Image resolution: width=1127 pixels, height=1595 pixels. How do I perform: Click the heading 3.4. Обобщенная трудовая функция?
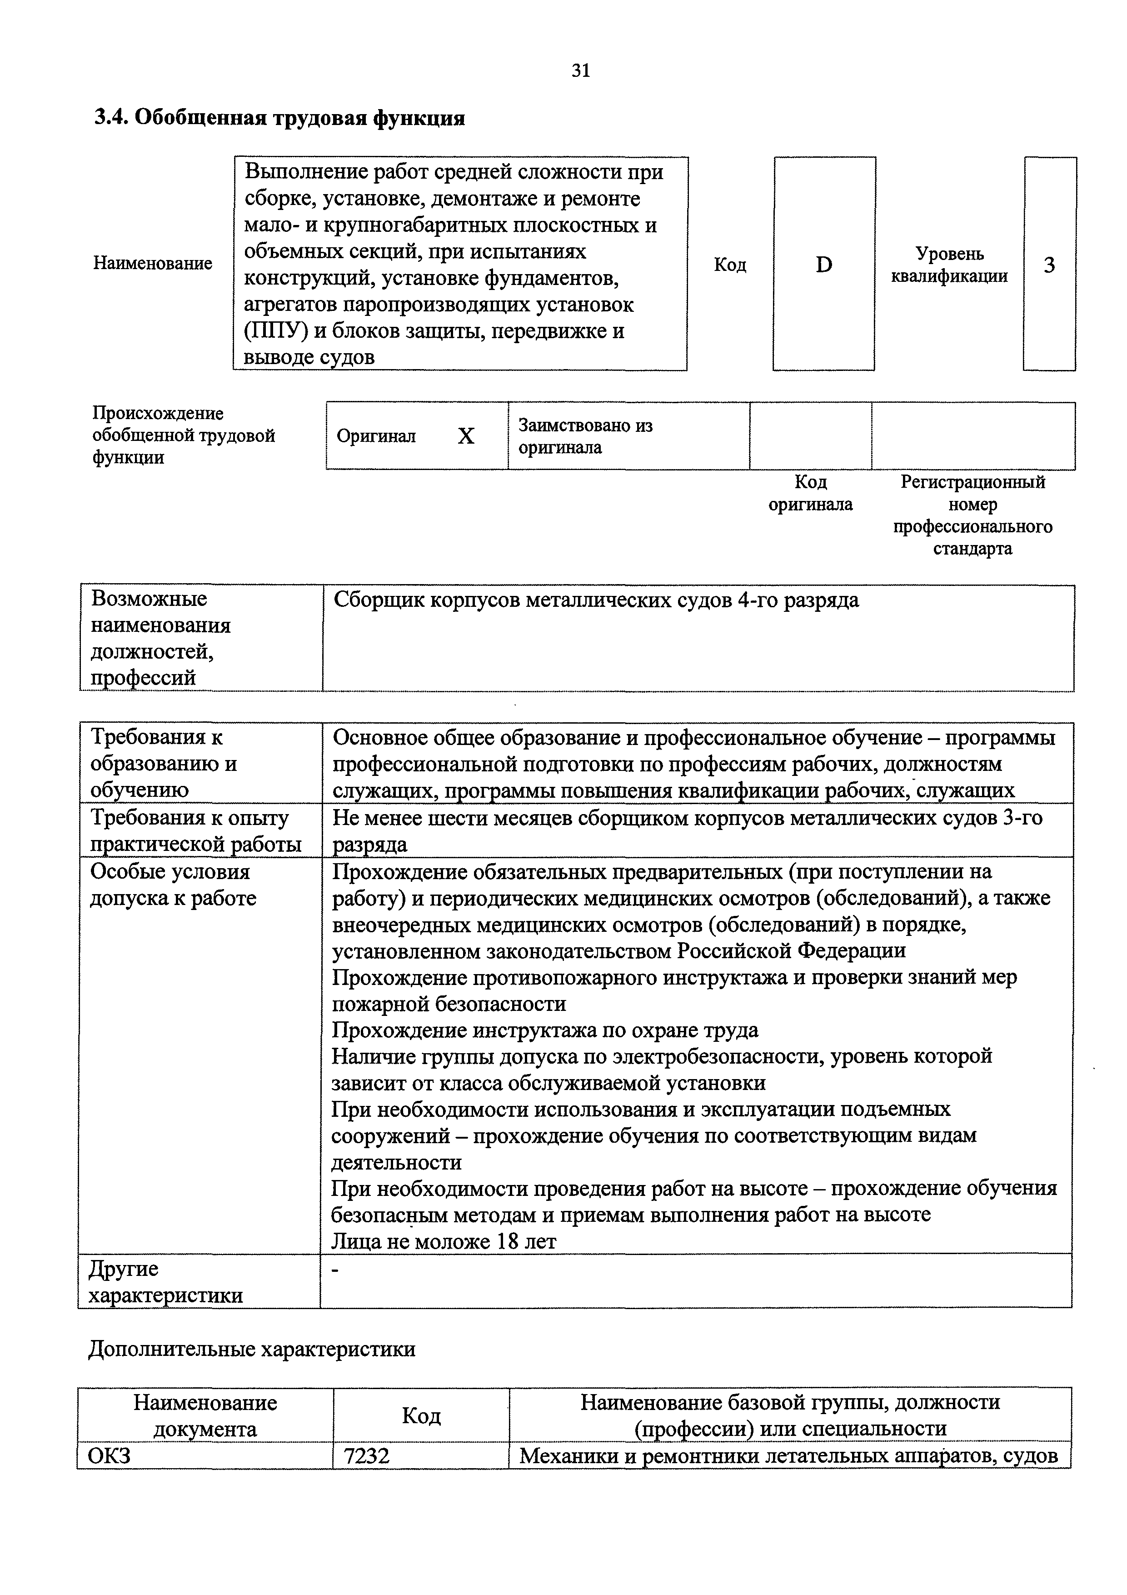(x=279, y=118)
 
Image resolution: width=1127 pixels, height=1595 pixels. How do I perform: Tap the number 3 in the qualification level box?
(x=1049, y=265)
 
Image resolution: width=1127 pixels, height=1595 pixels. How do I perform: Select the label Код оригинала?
(x=810, y=493)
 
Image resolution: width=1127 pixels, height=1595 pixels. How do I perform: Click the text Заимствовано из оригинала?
(x=585, y=436)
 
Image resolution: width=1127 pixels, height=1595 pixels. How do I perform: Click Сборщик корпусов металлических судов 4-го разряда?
(x=596, y=600)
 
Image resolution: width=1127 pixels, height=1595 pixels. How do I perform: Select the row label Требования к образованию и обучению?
(x=164, y=764)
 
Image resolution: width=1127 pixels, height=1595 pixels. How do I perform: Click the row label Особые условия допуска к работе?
(x=173, y=885)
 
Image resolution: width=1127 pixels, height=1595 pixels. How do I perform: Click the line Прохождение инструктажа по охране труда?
(x=545, y=1030)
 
